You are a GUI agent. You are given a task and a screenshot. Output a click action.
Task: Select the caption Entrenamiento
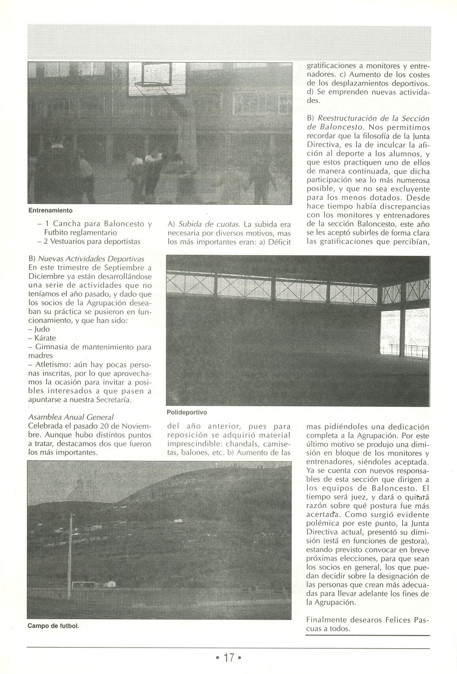(x=50, y=211)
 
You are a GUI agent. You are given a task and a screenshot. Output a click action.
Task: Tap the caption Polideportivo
(x=187, y=412)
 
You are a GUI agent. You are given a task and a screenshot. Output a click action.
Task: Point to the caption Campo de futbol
(x=53, y=626)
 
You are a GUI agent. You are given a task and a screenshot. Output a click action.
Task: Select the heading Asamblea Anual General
(x=71, y=417)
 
